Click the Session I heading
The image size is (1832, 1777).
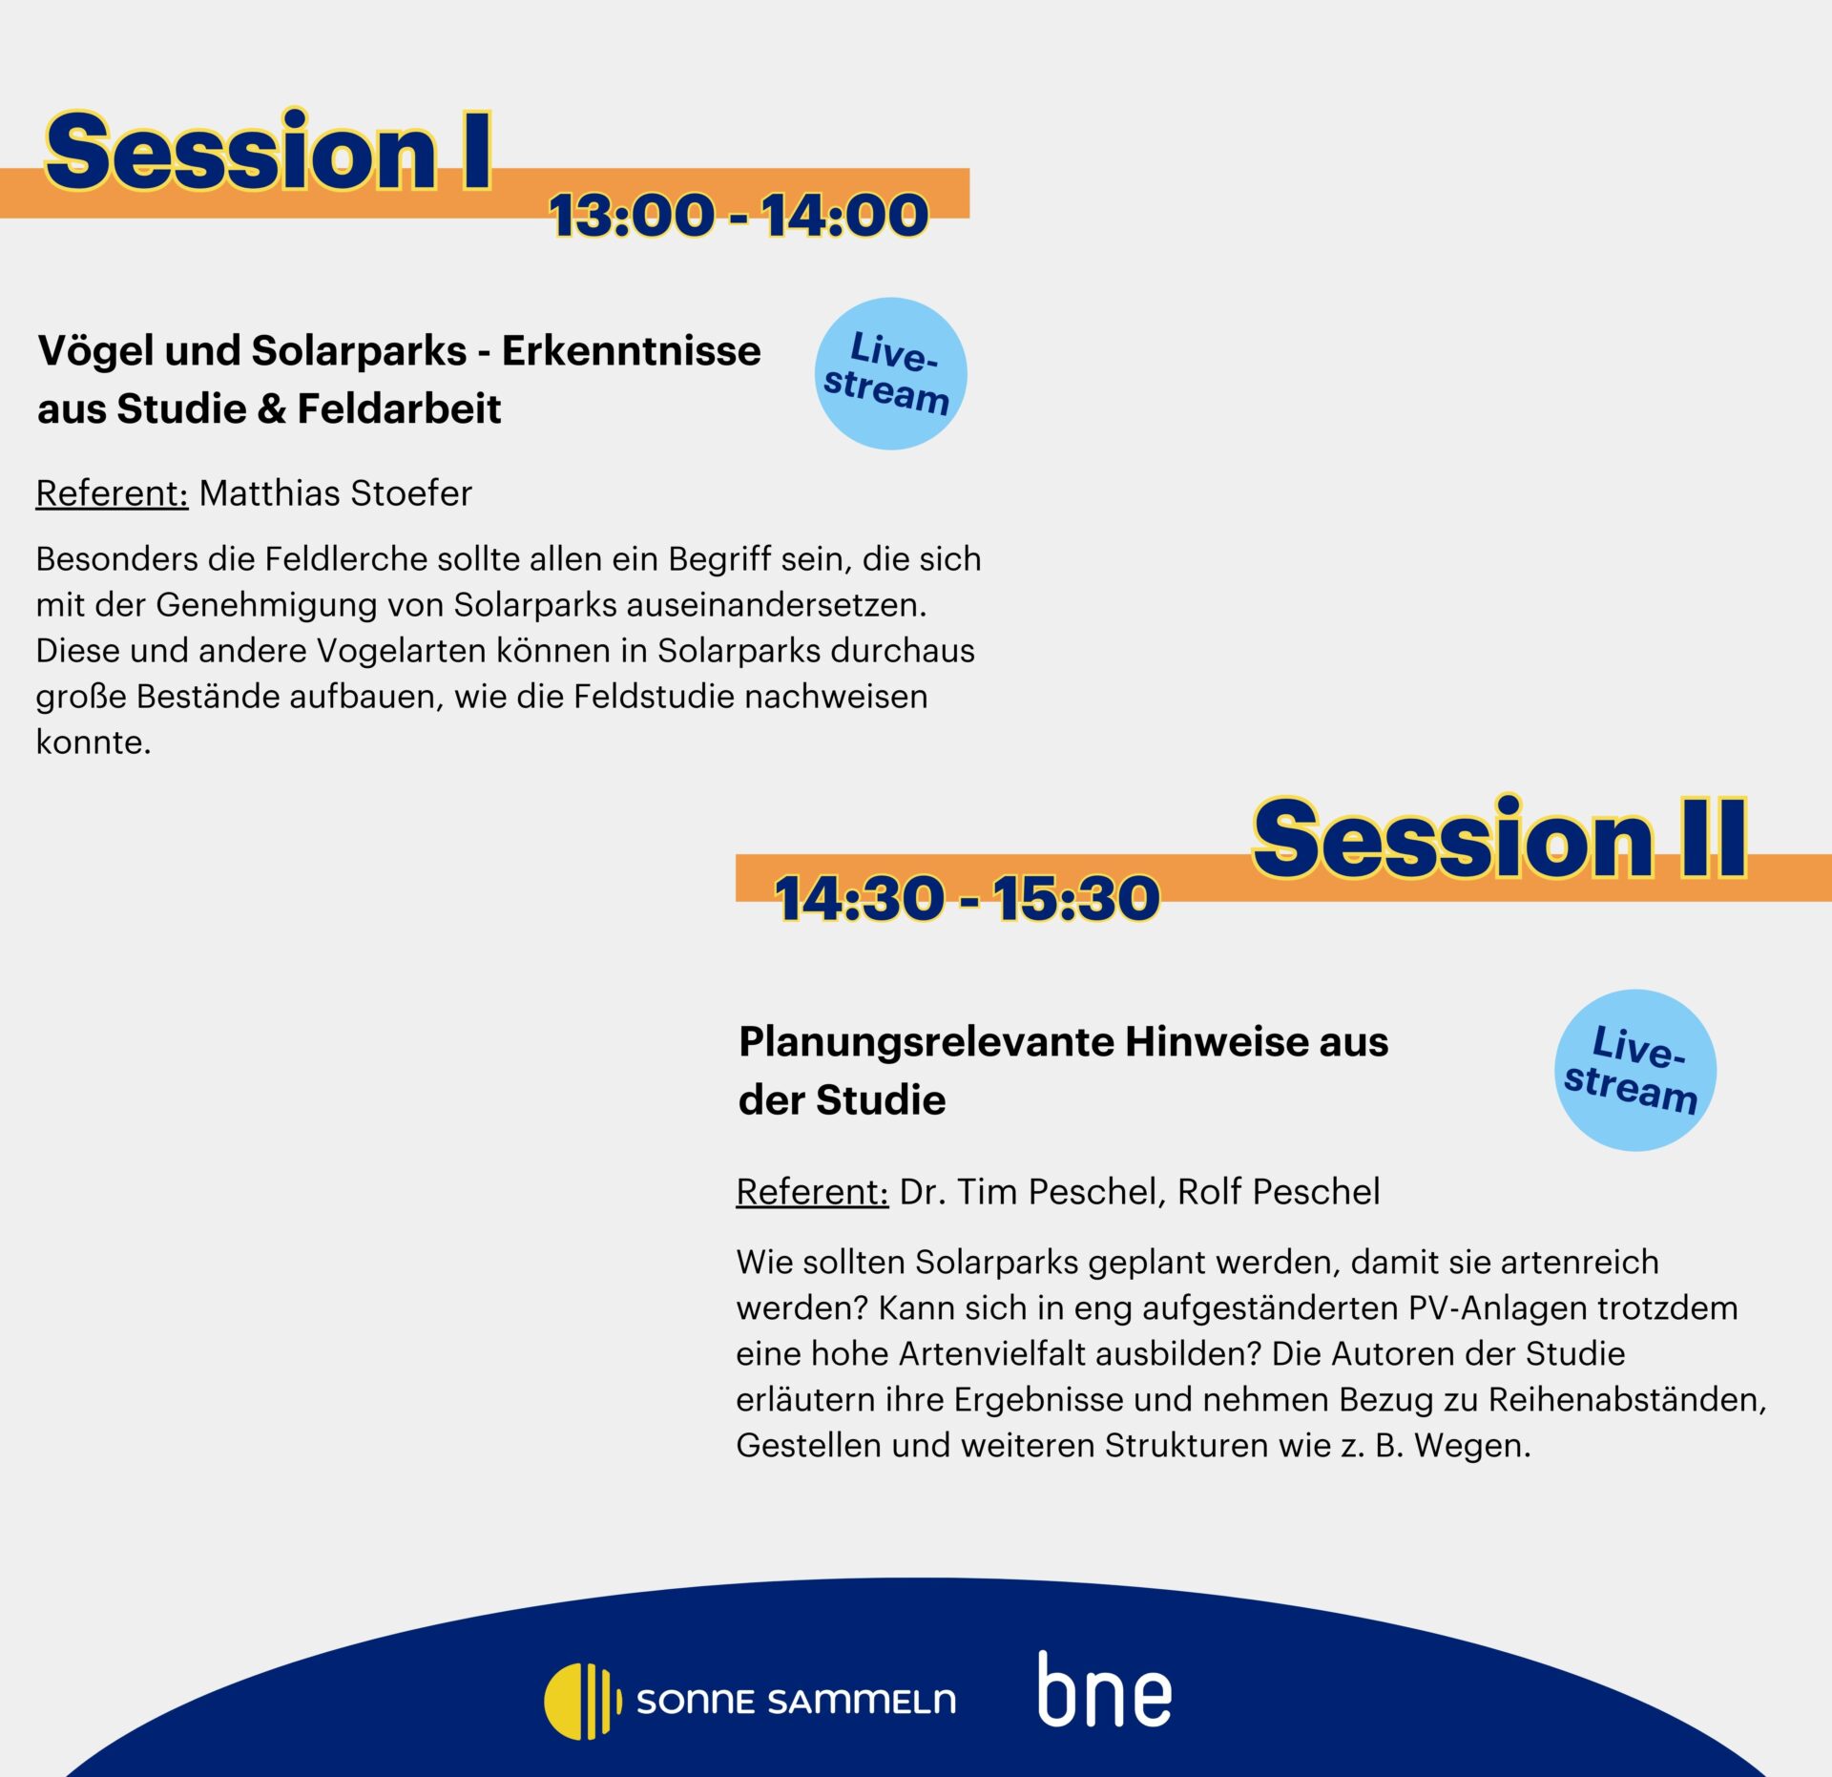[268, 151]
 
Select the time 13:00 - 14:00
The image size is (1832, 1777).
[739, 215]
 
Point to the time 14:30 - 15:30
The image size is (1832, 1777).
[967, 898]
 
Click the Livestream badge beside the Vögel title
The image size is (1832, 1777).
[890, 373]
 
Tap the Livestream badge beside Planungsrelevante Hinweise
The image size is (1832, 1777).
[1634, 1070]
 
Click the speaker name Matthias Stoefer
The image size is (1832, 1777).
[335, 493]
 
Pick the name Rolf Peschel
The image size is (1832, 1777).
[1279, 1192]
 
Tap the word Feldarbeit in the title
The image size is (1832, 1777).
[399, 409]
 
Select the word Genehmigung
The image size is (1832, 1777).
[300, 605]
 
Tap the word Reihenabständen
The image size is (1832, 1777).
[1627, 1400]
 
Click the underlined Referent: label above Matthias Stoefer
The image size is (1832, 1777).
[112, 493]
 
